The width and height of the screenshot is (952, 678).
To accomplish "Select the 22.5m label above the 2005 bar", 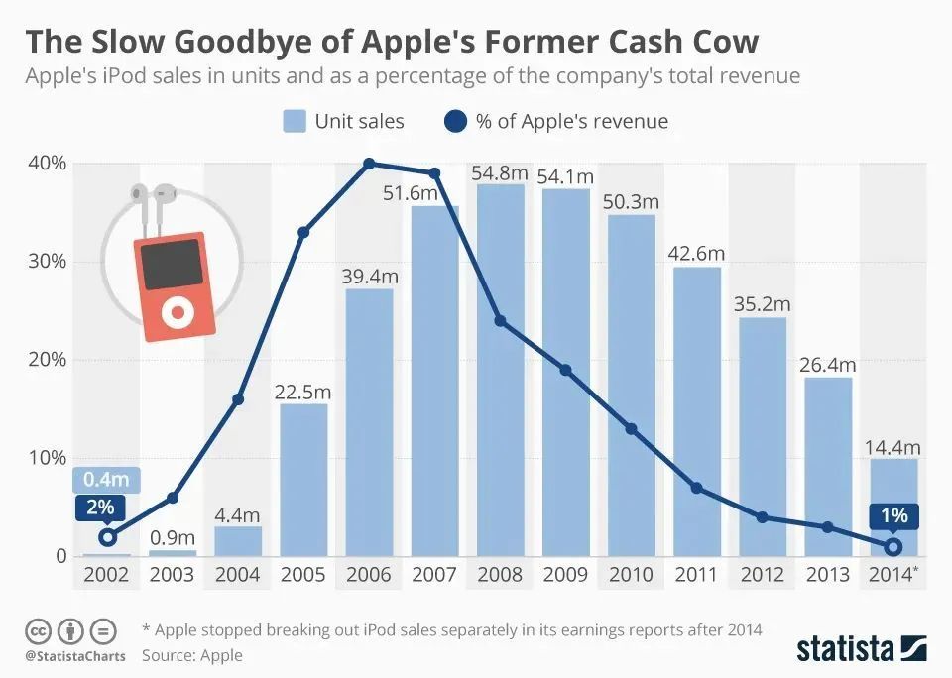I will coord(302,392).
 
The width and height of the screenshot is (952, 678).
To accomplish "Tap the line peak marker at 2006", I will coord(369,164).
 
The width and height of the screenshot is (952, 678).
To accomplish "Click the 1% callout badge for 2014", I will coord(894,516).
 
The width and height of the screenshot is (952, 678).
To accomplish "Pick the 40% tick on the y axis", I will coord(46,163).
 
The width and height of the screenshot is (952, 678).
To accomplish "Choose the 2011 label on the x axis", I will coord(696,575).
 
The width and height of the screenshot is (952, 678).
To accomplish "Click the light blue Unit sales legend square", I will coord(294,122).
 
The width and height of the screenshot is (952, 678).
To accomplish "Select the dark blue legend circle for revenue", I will coord(454,122).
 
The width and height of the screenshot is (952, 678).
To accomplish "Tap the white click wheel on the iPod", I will coord(178,313).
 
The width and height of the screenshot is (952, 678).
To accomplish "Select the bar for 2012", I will coord(763,436).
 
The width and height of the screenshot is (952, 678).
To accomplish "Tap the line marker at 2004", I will coord(237,399).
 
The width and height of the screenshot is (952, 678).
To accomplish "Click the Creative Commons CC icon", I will coord(38,630).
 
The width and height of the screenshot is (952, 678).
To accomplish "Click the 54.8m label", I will coord(500,173).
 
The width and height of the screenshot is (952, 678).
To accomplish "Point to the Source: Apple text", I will coord(191,655).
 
